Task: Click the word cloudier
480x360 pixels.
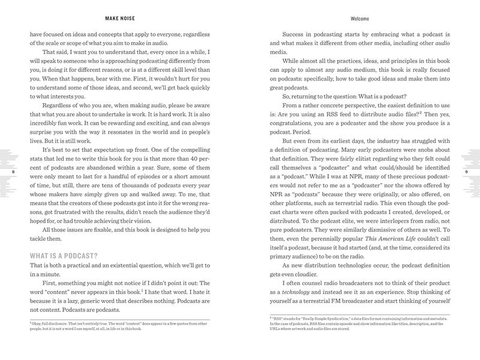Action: (x=302, y=265)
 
